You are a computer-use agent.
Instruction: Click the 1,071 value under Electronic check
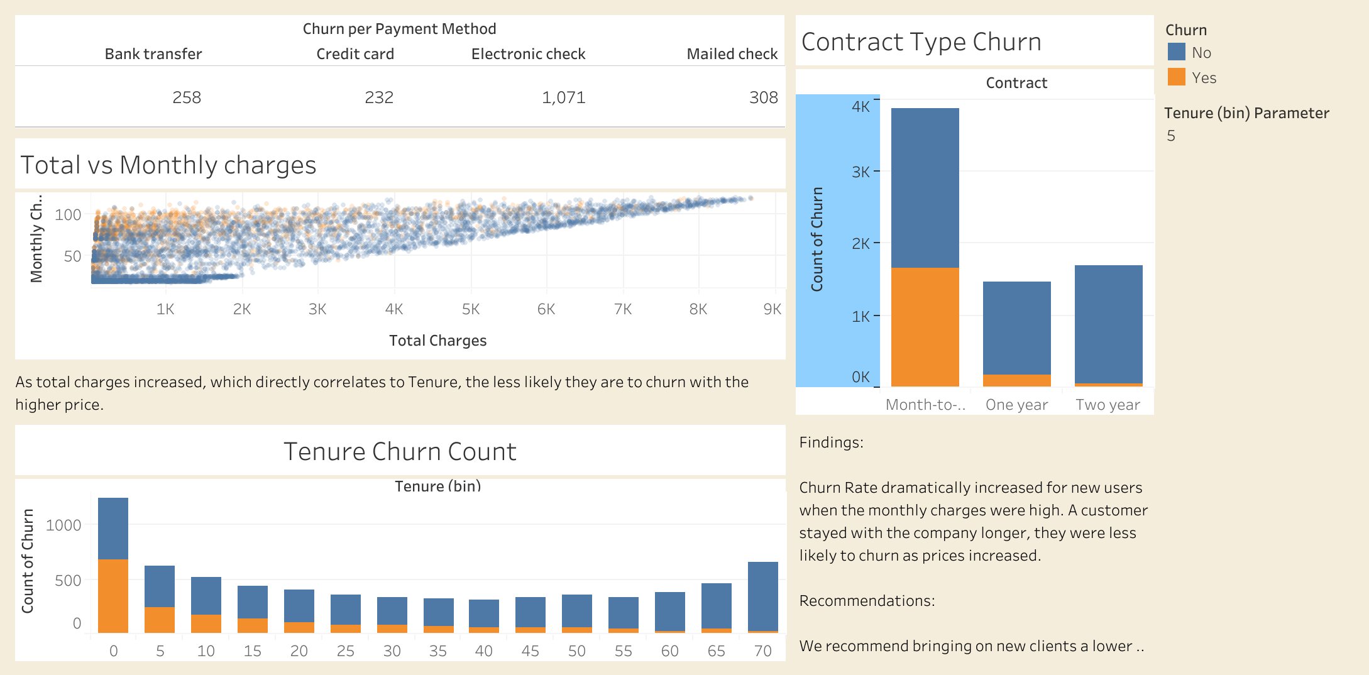click(x=563, y=97)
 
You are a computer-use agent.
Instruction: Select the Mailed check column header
click(x=732, y=54)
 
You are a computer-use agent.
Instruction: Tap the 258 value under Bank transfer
click(x=187, y=97)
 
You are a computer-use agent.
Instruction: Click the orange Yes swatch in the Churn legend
click(x=1176, y=77)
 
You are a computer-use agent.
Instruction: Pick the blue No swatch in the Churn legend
click(x=1176, y=52)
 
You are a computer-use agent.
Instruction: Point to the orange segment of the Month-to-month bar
click(x=925, y=327)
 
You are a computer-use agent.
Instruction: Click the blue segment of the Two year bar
click(x=1108, y=324)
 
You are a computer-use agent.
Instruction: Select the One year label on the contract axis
click(x=1016, y=405)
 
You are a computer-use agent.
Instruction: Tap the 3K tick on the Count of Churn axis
click(x=860, y=172)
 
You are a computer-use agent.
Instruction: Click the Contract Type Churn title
click(x=921, y=42)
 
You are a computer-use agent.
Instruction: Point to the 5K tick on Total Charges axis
click(x=470, y=309)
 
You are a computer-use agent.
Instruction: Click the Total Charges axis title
click(x=437, y=341)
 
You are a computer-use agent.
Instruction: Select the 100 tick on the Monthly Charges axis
click(x=68, y=215)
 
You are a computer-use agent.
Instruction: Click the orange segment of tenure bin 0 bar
click(x=113, y=595)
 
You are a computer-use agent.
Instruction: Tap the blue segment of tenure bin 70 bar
click(x=762, y=596)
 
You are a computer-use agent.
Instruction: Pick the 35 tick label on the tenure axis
click(x=437, y=651)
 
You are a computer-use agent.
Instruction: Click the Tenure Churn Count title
click(x=400, y=452)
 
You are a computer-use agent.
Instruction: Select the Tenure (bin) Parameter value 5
click(x=1171, y=136)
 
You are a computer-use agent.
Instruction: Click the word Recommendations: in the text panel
click(x=867, y=601)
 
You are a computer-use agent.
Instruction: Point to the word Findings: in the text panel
click(x=831, y=442)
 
